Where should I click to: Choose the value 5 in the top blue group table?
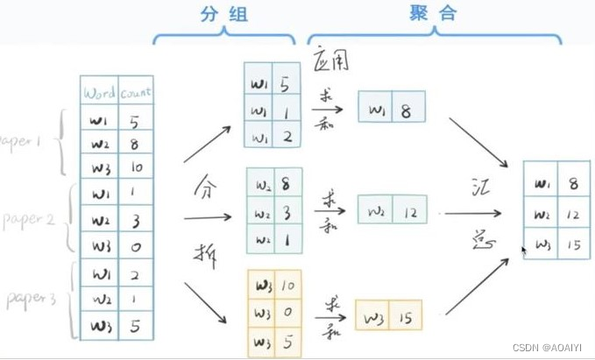coord(287,85)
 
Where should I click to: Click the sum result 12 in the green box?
coord(409,210)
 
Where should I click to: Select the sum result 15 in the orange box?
coord(406,313)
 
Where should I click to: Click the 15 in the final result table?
coord(572,245)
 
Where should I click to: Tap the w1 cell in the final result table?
coord(541,183)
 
